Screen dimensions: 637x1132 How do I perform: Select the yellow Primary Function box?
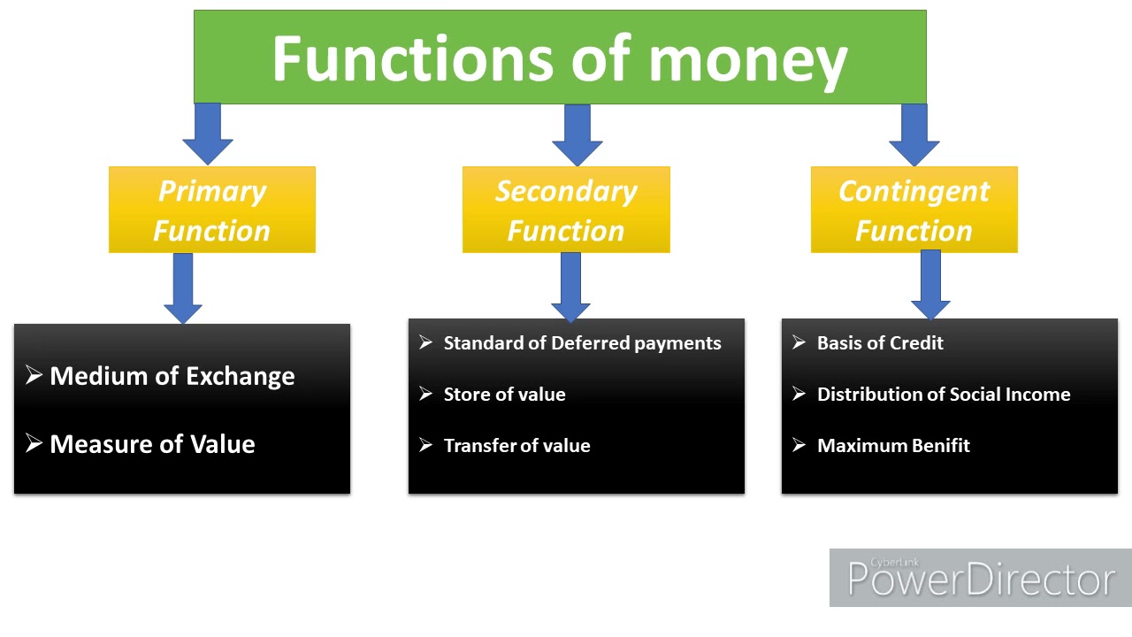pos(211,211)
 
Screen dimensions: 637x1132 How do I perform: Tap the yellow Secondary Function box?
pos(566,211)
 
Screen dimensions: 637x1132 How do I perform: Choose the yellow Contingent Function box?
pos(914,211)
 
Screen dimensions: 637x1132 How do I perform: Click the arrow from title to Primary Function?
pos(208,134)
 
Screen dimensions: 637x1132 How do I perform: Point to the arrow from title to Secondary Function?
pos(577,134)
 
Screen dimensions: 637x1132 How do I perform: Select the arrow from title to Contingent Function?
pos(914,134)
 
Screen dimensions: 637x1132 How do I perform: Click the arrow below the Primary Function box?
pos(183,288)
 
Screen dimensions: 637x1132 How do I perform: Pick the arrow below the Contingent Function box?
pos(930,284)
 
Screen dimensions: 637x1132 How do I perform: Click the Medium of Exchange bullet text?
pos(172,376)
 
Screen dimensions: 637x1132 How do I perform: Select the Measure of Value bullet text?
pos(152,444)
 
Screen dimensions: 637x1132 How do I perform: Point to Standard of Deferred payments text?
pos(582,343)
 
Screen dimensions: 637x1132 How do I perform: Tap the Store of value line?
pos(504,395)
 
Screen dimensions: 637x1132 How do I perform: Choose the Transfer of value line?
pos(516,446)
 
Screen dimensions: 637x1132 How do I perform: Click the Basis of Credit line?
pos(880,343)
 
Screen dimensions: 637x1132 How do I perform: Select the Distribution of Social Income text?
pos(944,395)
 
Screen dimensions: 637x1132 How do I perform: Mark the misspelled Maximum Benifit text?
pos(893,446)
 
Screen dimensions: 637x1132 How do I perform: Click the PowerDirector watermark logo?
pos(980,579)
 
